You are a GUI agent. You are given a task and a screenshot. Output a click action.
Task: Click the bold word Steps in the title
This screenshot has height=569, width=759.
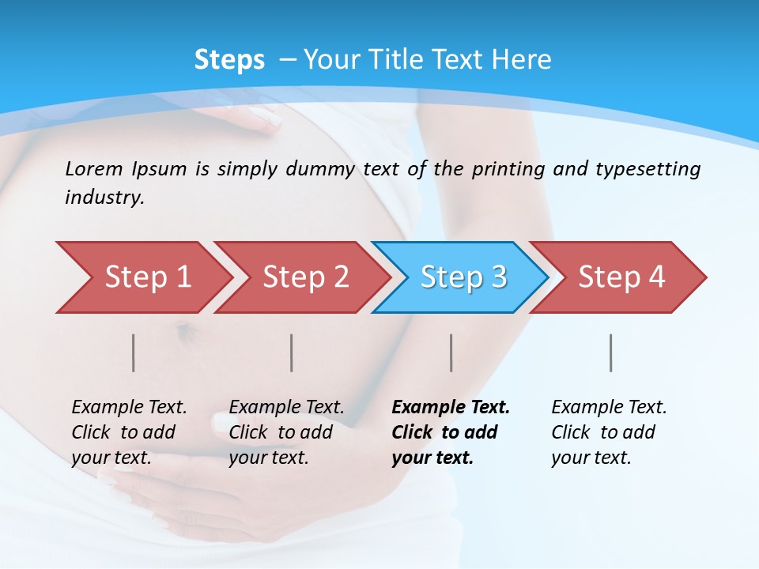click(229, 60)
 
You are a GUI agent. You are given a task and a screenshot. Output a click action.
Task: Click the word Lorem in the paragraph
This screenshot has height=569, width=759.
click(94, 168)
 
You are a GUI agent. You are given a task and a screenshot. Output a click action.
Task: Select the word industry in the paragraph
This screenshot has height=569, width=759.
click(103, 198)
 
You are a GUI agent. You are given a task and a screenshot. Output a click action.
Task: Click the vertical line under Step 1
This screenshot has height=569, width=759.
click(134, 352)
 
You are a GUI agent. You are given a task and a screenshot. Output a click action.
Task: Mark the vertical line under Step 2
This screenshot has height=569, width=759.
click(292, 352)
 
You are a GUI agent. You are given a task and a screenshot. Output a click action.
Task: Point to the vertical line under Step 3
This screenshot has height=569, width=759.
click(451, 352)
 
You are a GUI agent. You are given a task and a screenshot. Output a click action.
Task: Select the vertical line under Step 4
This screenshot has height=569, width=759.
click(610, 352)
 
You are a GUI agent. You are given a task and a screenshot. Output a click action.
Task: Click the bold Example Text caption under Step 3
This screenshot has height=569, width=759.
click(451, 432)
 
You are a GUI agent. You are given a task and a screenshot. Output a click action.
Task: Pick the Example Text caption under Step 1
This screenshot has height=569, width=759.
click(129, 432)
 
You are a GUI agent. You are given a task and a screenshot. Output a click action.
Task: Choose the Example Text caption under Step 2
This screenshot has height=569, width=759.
click(286, 432)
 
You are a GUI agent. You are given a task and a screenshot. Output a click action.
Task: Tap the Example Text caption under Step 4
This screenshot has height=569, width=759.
click(609, 432)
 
